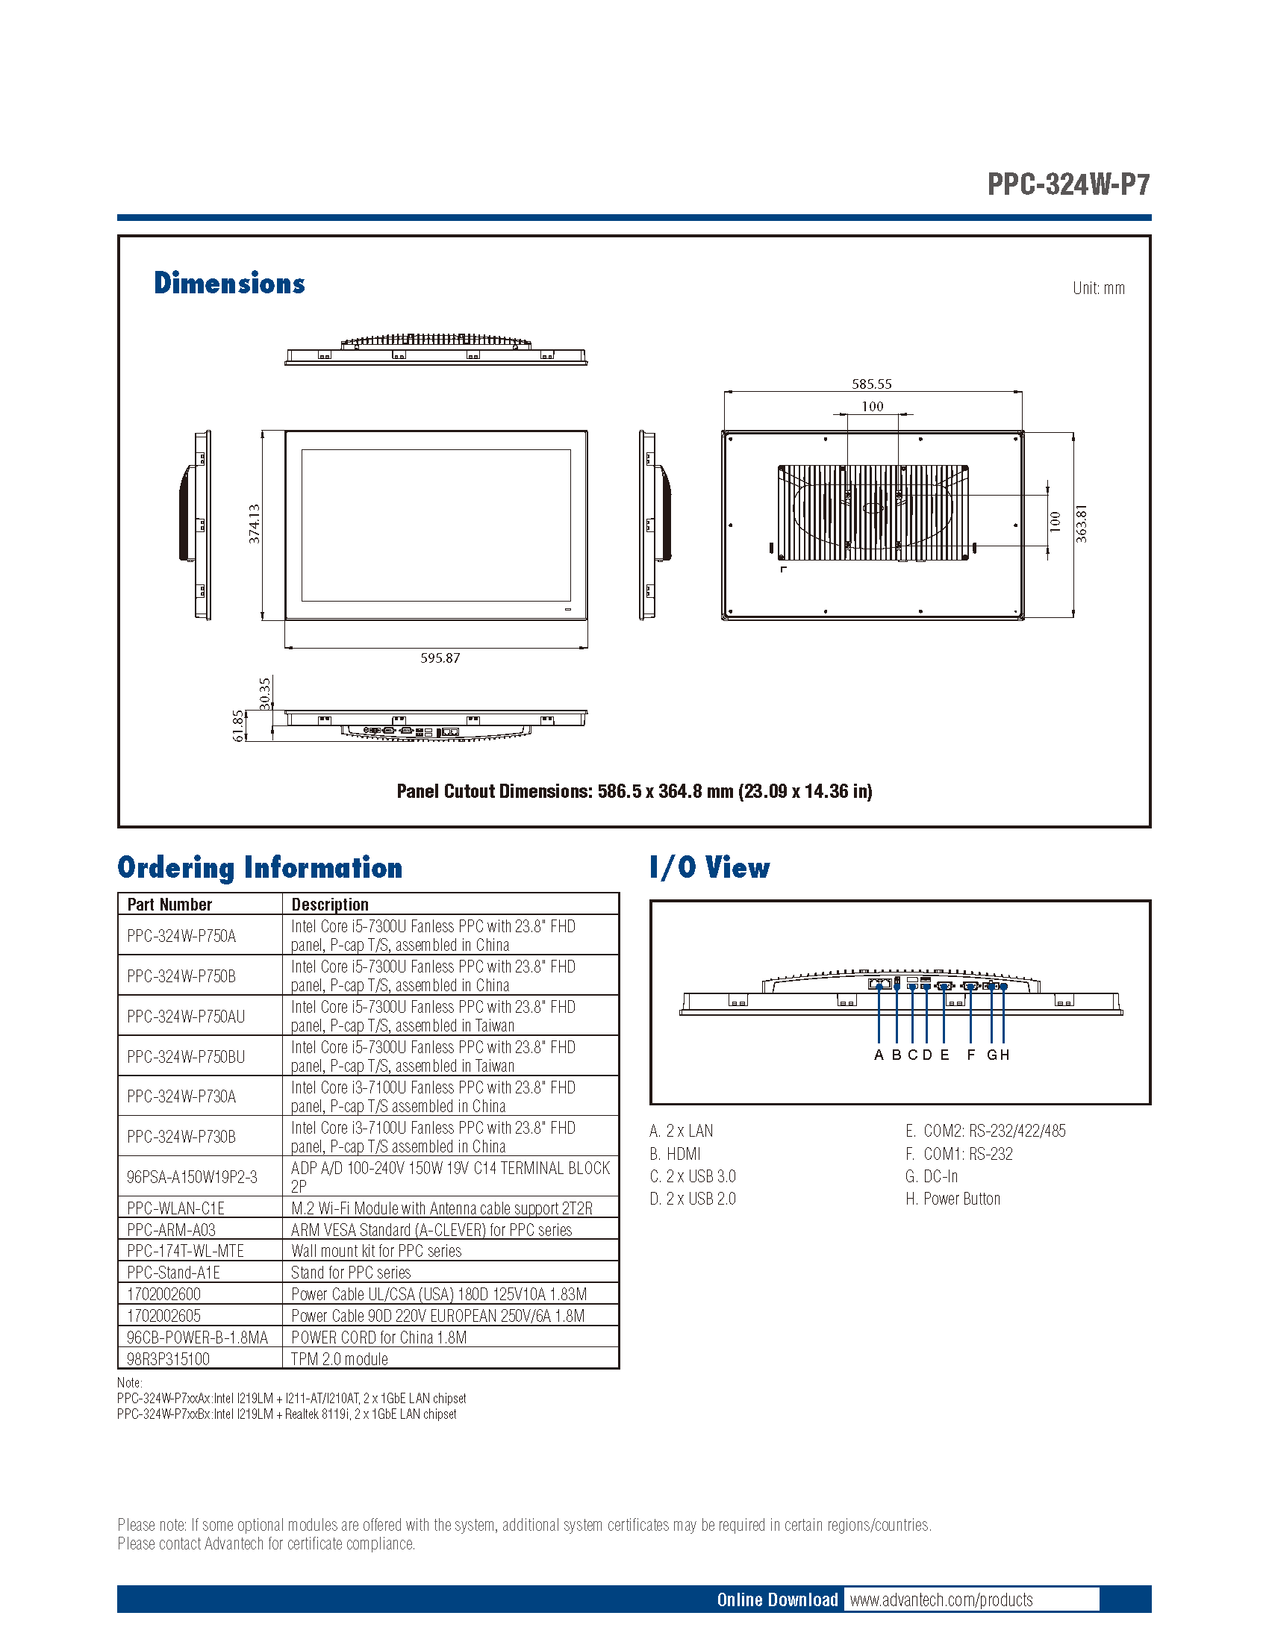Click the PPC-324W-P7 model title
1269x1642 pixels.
[x=1067, y=184]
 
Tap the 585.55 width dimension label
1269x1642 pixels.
[x=871, y=384]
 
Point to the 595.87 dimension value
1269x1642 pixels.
[x=440, y=658]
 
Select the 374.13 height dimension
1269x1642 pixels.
[x=255, y=524]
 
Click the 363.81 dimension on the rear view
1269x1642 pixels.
[x=1081, y=524]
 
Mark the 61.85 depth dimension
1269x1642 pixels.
[x=239, y=725]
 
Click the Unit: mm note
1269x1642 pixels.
[x=1098, y=288]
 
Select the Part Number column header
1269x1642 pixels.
[x=170, y=905]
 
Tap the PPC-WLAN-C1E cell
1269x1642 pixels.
[x=176, y=1208]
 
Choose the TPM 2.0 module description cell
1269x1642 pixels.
[x=340, y=1359]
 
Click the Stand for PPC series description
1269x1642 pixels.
[x=351, y=1273]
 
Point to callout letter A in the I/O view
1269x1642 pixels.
[x=878, y=1055]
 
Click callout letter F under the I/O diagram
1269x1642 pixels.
[x=970, y=1055]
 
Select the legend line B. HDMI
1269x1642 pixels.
[x=675, y=1154]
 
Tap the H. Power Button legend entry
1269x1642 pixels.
[x=952, y=1199]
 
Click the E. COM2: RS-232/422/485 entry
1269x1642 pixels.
[x=985, y=1131]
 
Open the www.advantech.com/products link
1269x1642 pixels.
[x=941, y=1600]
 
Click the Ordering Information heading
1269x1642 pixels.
[x=260, y=867]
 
